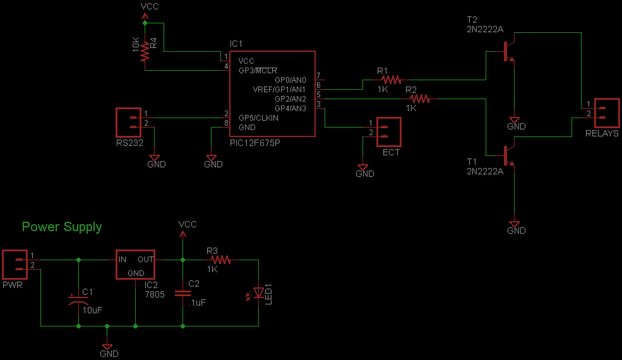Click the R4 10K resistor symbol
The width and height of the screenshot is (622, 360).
coord(145,51)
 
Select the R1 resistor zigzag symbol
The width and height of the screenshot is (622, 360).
coord(390,80)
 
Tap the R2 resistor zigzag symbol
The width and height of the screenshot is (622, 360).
coord(419,99)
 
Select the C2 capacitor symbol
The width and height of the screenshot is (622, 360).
coord(182,293)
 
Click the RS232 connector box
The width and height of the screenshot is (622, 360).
coord(129,122)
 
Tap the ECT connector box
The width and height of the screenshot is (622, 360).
coord(389,132)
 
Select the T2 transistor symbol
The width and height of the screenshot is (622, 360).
coord(508,51)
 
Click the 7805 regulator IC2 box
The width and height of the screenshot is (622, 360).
coord(135,265)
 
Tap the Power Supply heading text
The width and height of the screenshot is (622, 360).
coord(62,227)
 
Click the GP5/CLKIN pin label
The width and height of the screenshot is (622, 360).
coord(258,117)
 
